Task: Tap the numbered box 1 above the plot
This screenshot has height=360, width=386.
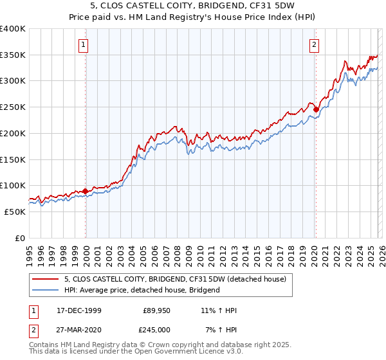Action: [84, 44]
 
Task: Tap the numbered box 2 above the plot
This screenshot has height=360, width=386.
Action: [314, 44]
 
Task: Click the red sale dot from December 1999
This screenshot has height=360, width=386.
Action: [86, 191]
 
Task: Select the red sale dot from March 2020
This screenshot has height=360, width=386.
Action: [316, 110]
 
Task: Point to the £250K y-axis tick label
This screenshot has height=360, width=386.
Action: [13, 107]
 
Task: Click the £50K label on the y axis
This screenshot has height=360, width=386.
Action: [15, 212]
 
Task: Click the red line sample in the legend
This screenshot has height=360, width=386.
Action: [46, 279]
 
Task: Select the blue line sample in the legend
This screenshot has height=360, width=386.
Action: [46, 290]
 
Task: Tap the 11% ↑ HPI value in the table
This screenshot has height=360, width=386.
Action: [219, 310]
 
